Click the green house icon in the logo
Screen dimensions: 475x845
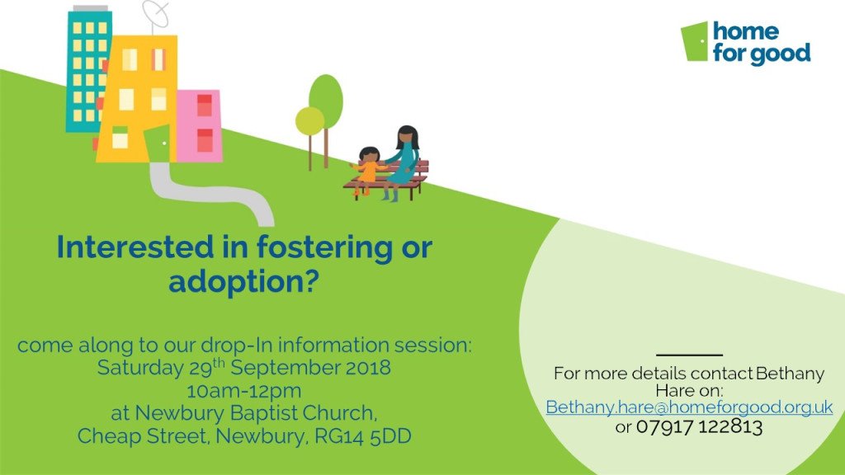(x=695, y=42)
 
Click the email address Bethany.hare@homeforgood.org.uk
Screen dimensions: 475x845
(x=689, y=408)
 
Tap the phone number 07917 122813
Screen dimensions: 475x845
(x=699, y=427)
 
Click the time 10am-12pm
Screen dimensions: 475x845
(x=244, y=390)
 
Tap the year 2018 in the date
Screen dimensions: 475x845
(x=369, y=368)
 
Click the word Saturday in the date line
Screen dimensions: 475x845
(x=135, y=368)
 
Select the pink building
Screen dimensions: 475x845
(x=199, y=125)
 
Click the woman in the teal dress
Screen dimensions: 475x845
(x=404, y=161)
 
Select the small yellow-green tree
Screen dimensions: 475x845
(x=310, y=122)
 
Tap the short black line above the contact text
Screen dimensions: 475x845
(x=689, y=355)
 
